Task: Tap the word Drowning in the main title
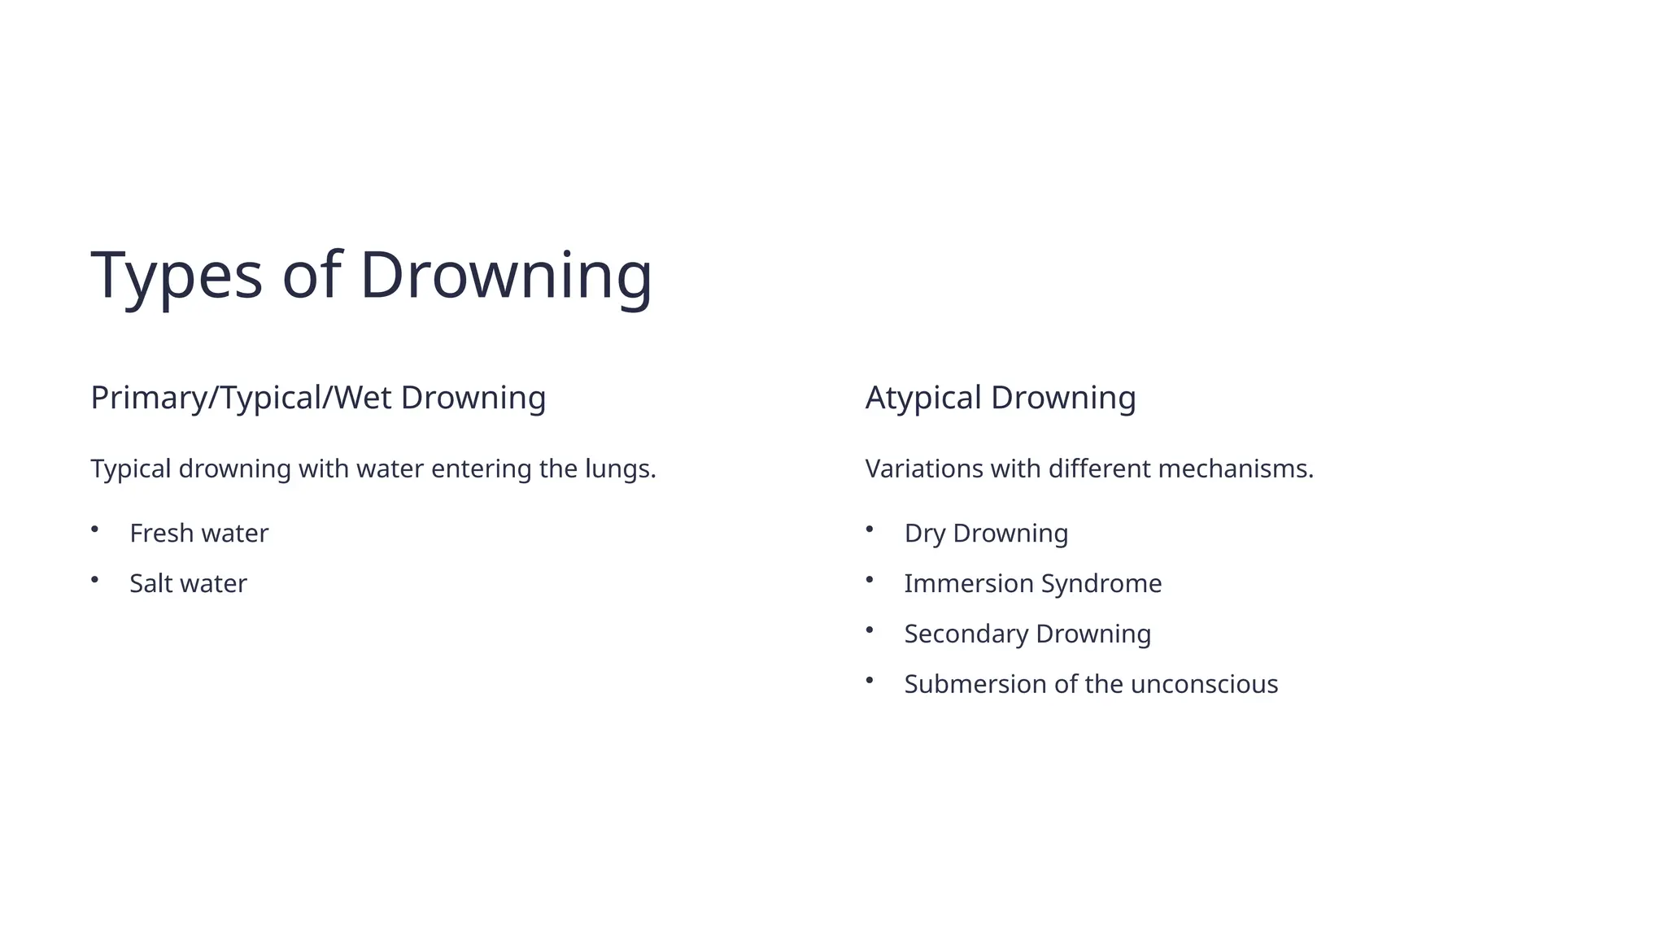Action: point(505,277)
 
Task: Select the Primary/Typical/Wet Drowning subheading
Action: point(318,398)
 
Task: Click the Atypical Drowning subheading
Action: point(1000,398)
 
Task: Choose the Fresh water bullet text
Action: point(198,534)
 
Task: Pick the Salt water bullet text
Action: point(188,584)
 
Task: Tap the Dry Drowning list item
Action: point(986,534)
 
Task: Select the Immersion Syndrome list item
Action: point(1032,584)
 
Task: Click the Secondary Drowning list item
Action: point(1027,634)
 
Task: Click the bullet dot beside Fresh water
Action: point(94,530)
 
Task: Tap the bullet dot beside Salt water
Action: point(94,580)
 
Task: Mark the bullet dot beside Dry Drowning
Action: point(869,530)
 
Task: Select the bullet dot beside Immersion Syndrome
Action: point(869,580)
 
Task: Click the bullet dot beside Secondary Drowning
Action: point(869,630)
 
